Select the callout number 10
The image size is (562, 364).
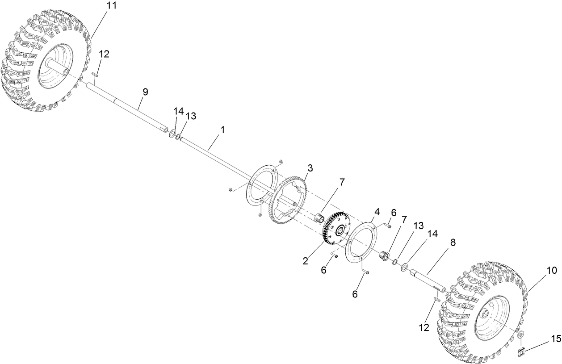[x=551, y=270]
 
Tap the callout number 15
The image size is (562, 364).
[x=555, y=339]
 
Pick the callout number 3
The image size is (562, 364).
[x=310, y=168]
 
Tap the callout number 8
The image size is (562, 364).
[x=453, y=242]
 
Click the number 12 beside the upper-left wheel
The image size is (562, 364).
[x=104, y=54]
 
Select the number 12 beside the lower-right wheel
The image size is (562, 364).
[x=424, y=327]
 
